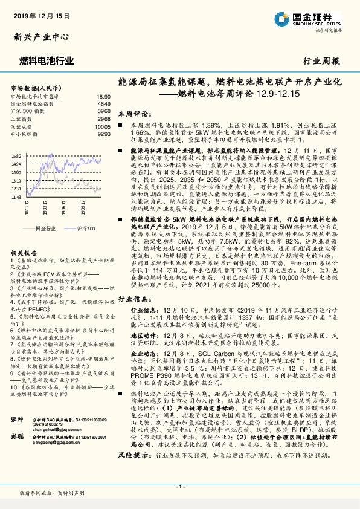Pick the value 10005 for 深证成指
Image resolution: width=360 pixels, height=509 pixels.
pos(102,127)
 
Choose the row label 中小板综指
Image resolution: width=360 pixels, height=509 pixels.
pos(25,135)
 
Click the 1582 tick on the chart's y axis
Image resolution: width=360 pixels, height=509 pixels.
pos(16,155)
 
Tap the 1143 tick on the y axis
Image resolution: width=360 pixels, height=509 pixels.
pos(16,196)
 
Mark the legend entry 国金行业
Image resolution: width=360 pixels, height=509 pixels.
pos(45,230)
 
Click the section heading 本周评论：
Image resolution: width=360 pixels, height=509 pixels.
pos(133,113)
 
